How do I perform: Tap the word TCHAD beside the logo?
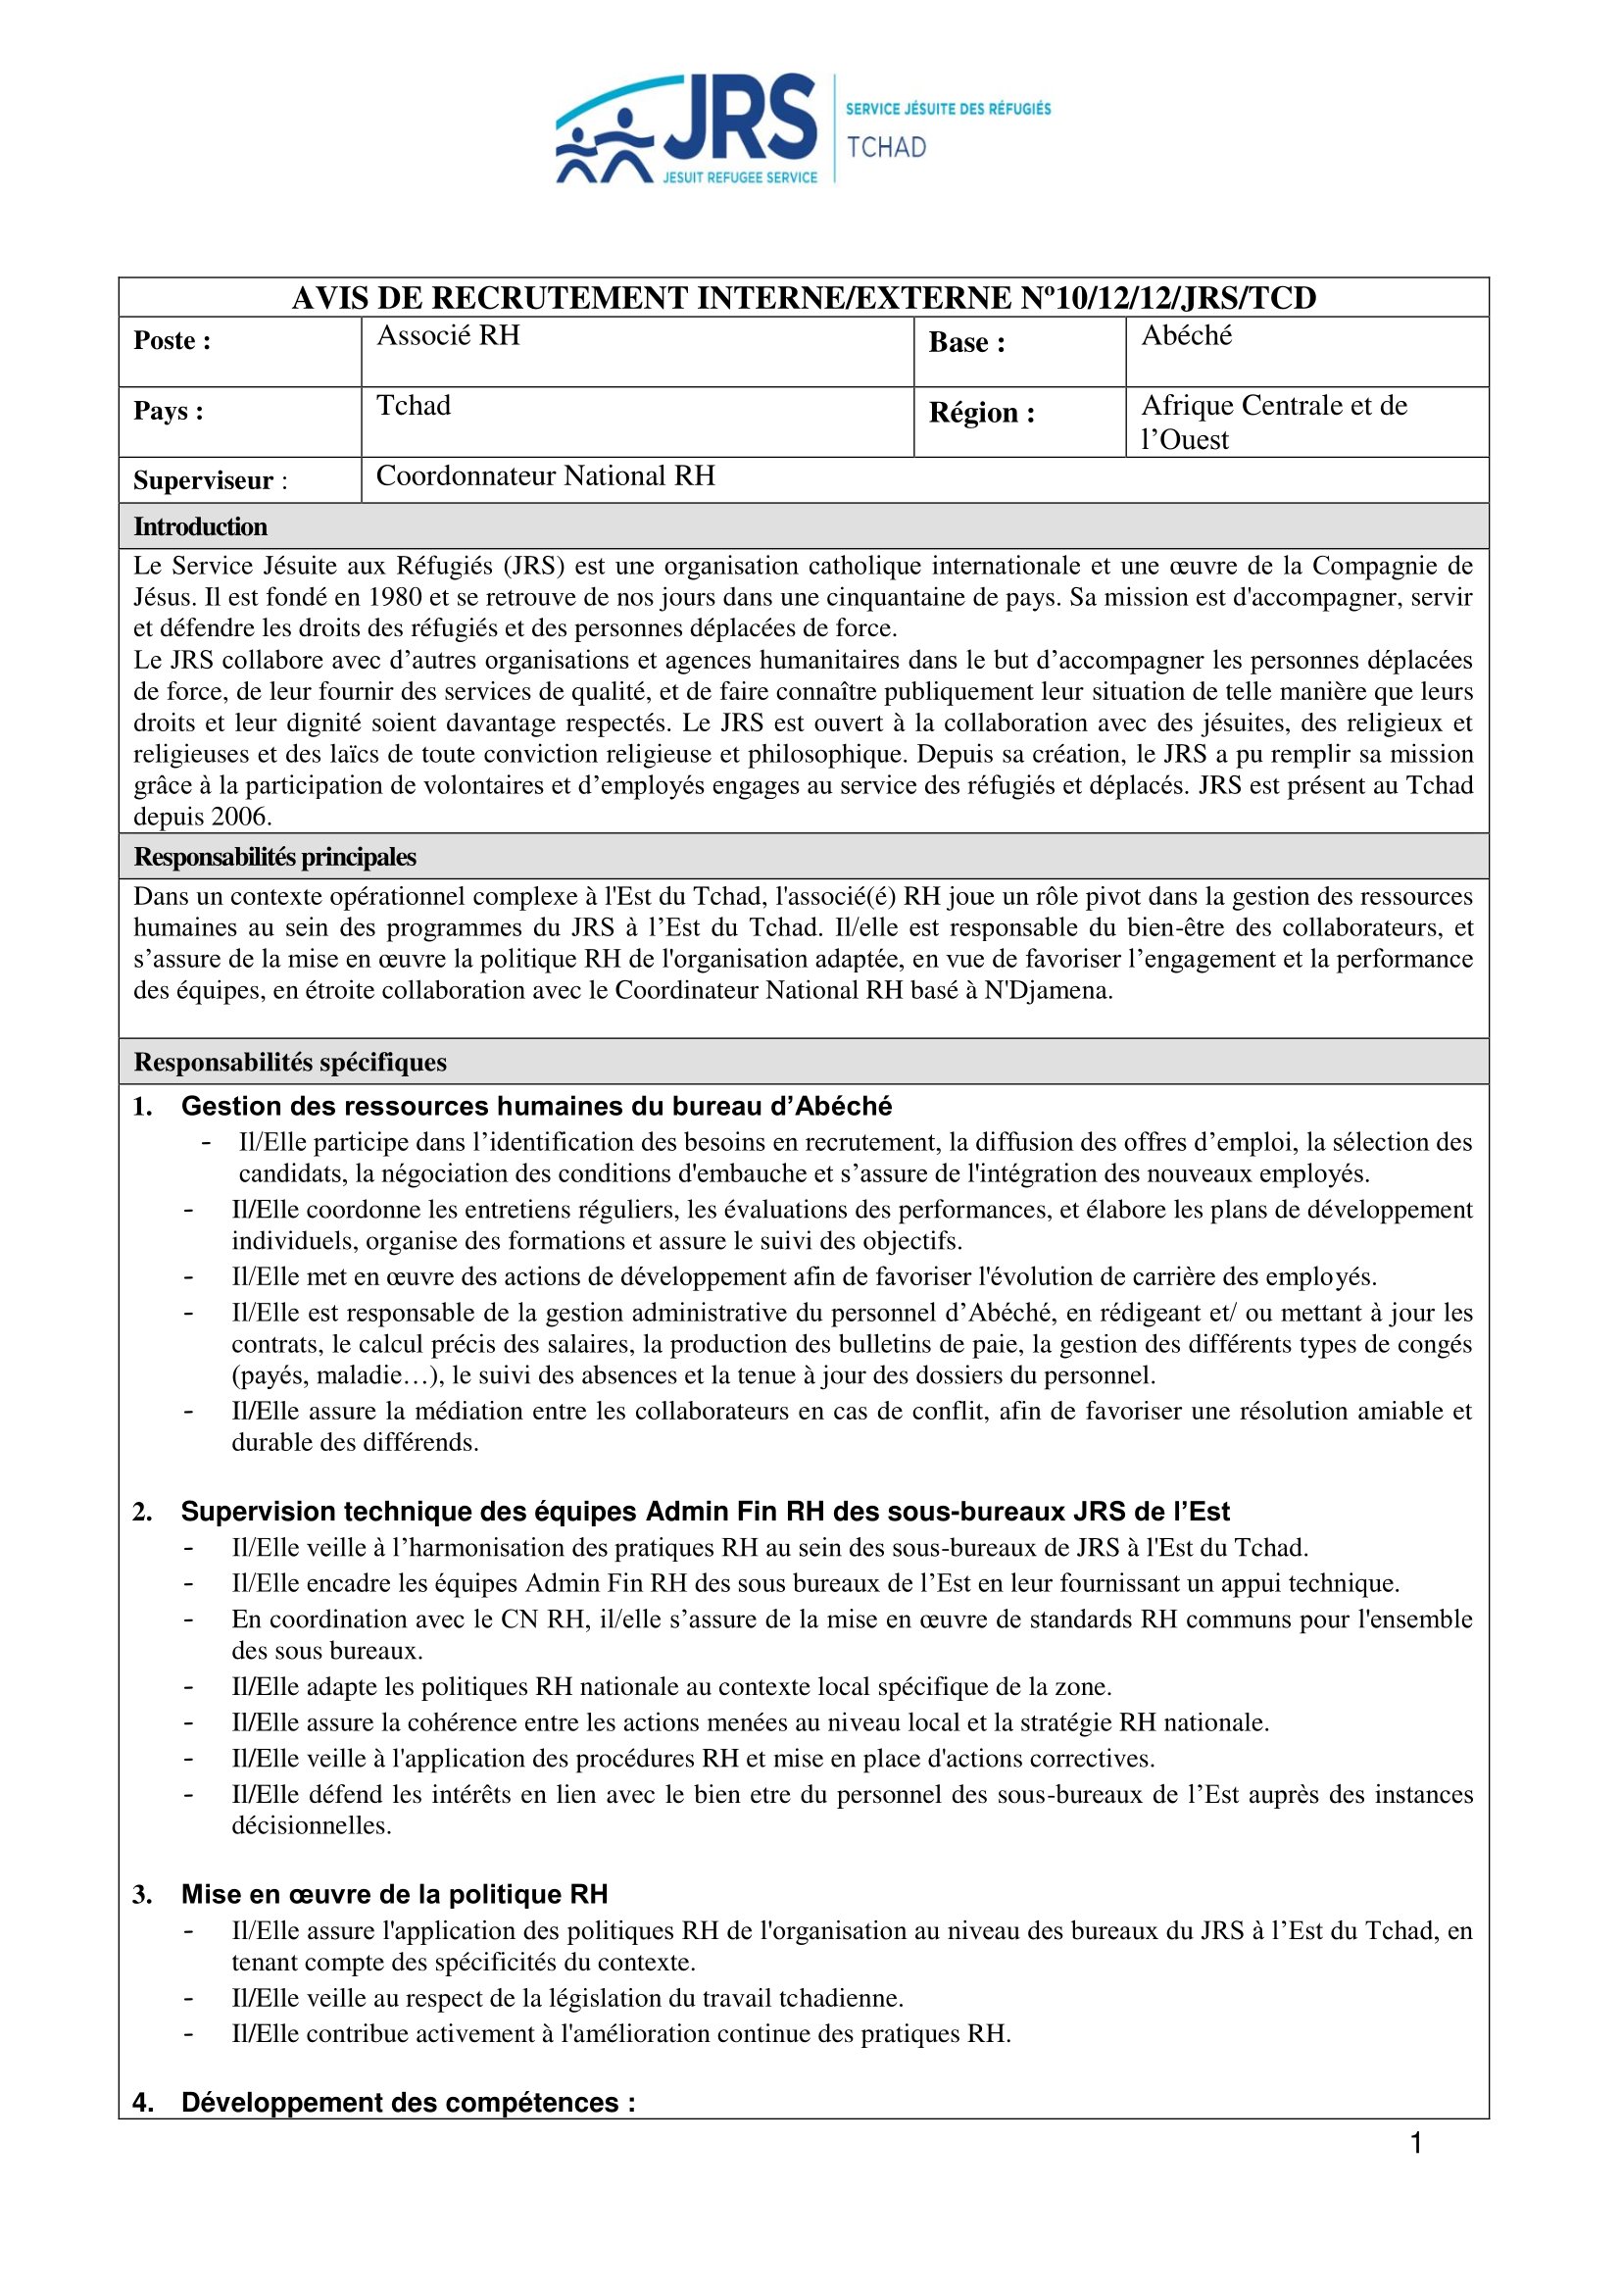click(886, 148)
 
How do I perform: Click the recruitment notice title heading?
click(804, 297)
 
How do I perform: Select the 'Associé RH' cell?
click(448, 335)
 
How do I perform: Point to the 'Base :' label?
click(966, 342)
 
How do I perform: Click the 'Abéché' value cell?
click(1187, 335)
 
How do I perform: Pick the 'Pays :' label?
click(169, 412)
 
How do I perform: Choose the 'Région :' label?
click(981, 413)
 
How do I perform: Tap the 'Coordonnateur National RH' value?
click(545, 476)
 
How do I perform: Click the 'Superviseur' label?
click(204, 481)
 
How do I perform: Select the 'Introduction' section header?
click(201, 527)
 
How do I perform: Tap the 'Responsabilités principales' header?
click(274, 858)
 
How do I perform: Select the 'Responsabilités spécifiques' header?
click(290, 1062)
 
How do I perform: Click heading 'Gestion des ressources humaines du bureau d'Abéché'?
click(536, 1106)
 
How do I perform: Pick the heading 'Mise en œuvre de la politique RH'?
click(394, 1895)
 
